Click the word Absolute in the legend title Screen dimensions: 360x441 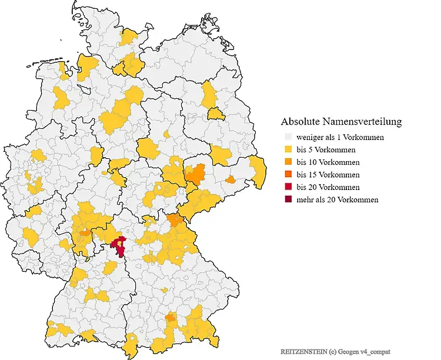[301, 122]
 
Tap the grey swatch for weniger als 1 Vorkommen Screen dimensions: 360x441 [286, 138]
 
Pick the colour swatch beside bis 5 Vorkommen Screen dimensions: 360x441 [286, 150]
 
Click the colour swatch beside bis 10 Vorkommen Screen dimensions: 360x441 [286, 162]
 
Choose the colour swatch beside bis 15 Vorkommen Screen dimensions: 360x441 [286, 175]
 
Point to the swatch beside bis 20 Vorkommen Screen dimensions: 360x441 [286, 187]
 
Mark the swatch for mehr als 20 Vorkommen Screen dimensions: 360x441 [286, 199]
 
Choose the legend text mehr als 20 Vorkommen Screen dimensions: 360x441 [338, 199]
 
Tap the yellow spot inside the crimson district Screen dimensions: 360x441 [121, 241]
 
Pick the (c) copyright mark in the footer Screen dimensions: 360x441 [333, 351]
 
